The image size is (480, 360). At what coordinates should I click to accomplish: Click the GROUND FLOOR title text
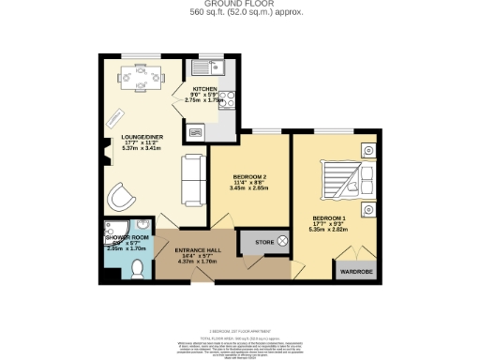coord(239,5)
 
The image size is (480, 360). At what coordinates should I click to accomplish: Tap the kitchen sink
coord(205,67)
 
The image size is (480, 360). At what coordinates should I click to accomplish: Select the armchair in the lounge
coord(121,197)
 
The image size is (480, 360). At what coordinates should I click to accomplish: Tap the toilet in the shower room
coord(137,269)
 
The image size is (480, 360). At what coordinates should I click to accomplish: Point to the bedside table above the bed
coord(367,148)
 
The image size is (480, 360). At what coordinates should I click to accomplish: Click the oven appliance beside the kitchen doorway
coord(195,132)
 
